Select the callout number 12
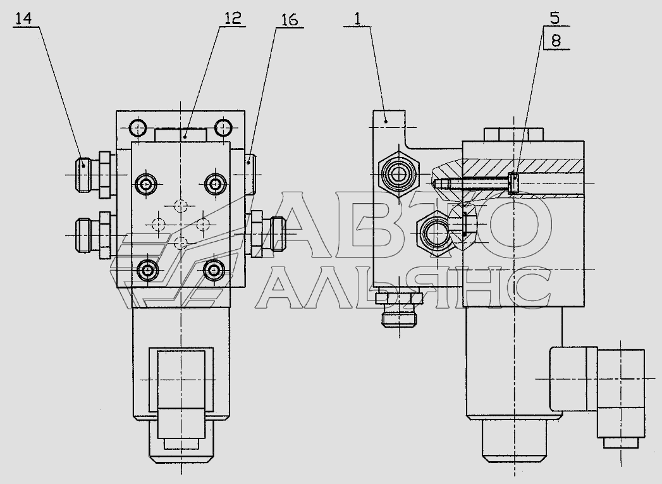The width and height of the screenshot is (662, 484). point(232,18)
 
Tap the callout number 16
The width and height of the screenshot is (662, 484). point(289,20)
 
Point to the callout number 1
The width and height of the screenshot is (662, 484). point(357,19)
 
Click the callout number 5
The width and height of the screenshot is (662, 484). point(555,18)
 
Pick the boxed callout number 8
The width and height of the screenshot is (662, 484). point(556,41)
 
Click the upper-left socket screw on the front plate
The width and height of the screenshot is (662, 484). point(146,184)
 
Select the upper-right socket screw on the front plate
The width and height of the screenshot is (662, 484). point(216,183)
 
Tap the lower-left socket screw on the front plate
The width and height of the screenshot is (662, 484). point(146,270)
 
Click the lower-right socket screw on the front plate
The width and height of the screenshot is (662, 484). point(214,270)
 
